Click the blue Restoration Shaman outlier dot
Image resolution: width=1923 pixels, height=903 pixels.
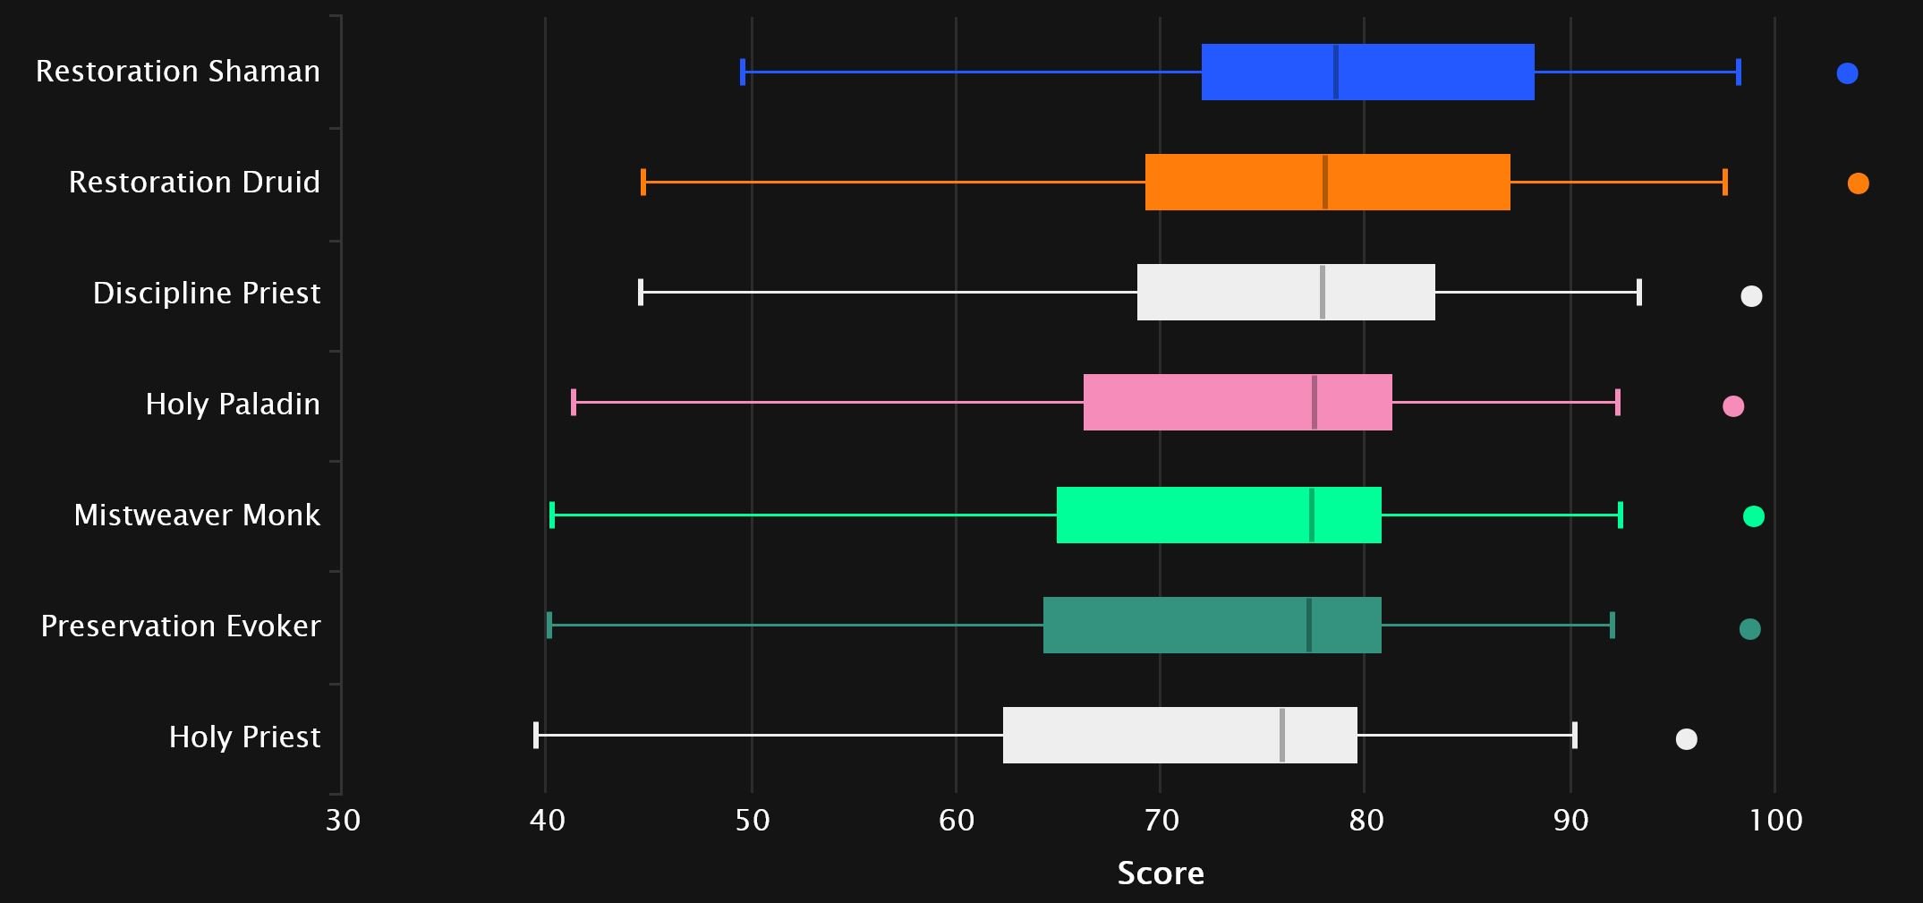[1847, 73]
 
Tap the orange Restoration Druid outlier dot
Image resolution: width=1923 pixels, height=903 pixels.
[1858, 183]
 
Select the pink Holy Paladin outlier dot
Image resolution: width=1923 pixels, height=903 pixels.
[1733, 406]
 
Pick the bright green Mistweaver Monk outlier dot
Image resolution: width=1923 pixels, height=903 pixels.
[1754, 516]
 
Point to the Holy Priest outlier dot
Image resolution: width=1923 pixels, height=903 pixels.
[1686, 739]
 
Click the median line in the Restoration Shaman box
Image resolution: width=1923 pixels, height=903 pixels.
[1336, 72]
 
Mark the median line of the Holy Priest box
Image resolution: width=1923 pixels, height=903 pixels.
[1282, 735]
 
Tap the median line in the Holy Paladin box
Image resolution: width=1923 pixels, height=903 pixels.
[1315, 403]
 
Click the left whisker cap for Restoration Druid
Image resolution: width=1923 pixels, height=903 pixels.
[643, 182]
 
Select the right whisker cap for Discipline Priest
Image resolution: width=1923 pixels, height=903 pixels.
[1639, 292]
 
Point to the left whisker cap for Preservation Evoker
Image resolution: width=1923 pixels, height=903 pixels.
[549, 625]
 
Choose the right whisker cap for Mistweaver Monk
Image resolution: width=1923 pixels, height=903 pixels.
[1621, 515]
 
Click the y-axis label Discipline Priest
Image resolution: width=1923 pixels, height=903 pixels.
[207, 294]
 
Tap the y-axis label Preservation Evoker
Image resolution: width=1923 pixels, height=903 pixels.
[181, 626]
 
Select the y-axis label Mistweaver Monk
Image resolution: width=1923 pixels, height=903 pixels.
[197, 515]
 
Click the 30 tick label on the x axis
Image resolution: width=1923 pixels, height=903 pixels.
[343, 820]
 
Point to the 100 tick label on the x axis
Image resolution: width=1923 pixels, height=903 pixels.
[1776, 820]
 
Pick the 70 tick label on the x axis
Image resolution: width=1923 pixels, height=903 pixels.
[1161, 820]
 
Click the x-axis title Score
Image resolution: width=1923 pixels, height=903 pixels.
[1161, 873]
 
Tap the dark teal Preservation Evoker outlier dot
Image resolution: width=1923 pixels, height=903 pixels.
[1749, 629]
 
